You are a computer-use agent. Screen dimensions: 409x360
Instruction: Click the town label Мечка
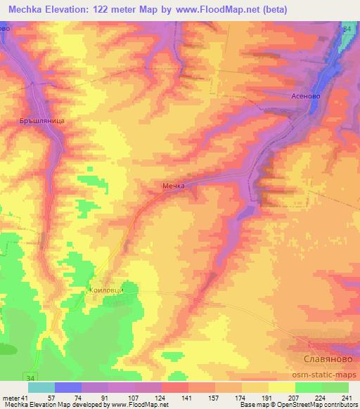[x=172, y=186]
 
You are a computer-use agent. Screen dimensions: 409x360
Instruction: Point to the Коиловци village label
[x=106, y=288]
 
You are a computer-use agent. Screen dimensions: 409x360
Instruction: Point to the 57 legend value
[x=51, y=397]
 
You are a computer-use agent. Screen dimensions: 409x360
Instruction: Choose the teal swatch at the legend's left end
[x=41, y=387]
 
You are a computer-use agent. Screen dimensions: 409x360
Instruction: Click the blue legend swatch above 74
[x=68, y=387]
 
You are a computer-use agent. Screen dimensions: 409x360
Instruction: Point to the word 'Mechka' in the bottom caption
[x=14, y=405]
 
